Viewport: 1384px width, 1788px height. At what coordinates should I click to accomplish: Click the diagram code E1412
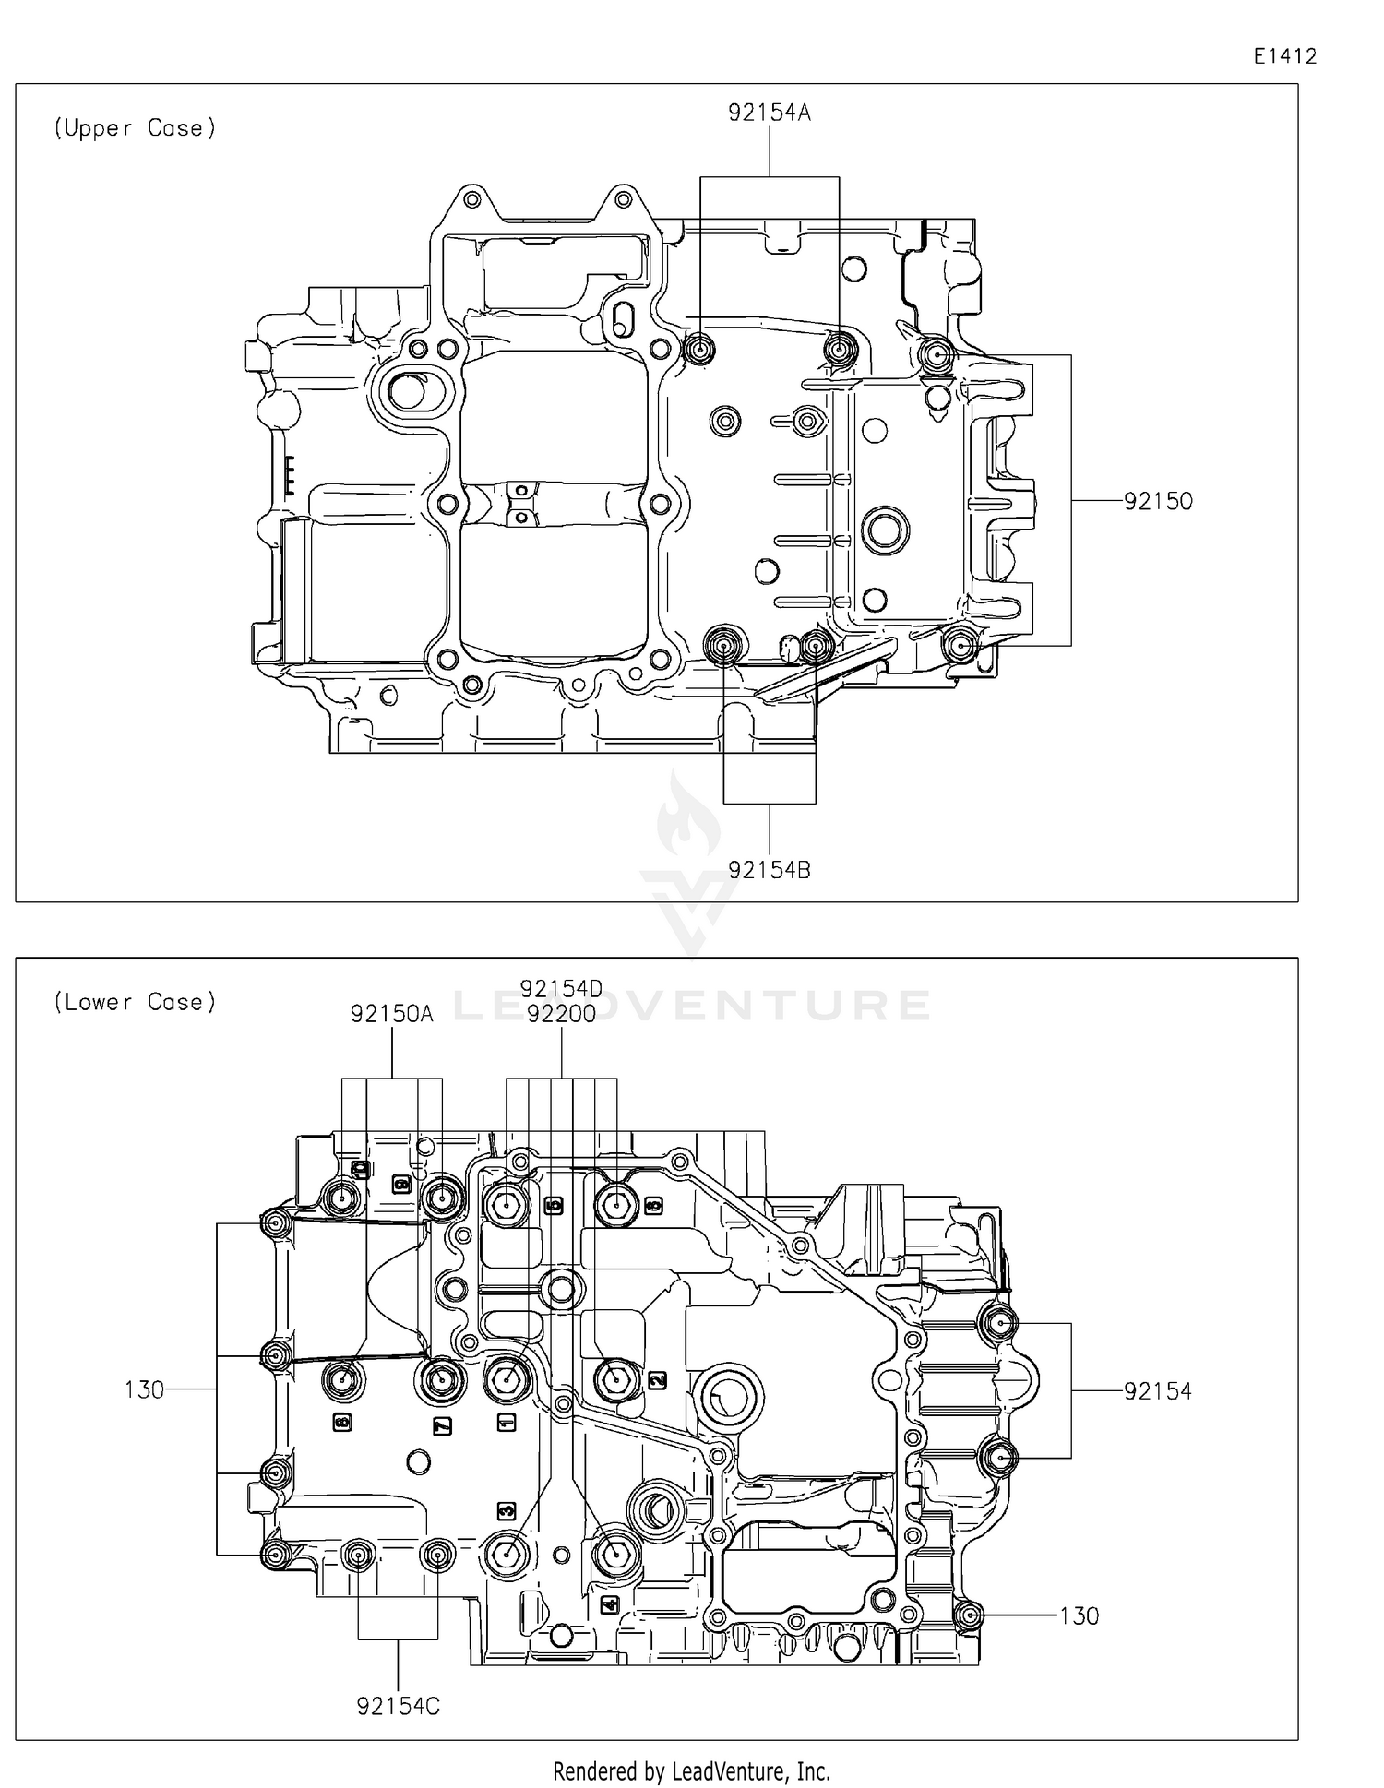tap(1284, 56)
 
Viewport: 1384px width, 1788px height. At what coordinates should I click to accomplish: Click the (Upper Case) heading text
tap(135, 128)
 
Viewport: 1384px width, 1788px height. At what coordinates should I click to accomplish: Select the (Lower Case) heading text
tap(135, 1002)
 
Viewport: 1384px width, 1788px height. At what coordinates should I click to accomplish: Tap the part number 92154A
tap(769, 113)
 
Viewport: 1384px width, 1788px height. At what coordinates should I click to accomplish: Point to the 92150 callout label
tap(1158, 502)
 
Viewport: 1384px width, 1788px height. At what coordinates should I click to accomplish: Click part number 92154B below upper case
tap(769, 870)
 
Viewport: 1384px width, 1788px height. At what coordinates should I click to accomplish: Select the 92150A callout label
tap(391, 1014)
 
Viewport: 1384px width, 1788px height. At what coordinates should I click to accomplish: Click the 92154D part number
tap(561, 989)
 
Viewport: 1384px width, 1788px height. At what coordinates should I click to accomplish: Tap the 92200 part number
tap(561, 1014)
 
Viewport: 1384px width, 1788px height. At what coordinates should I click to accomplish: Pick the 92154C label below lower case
tap(398, 1707)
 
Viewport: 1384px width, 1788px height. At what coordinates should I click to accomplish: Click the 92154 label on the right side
tap(1158, 1391)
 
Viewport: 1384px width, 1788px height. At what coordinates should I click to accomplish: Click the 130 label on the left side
tap(144, 1389)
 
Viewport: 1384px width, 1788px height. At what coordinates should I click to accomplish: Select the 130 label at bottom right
tap(1079, 1615)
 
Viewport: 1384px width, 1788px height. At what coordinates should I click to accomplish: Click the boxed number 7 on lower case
tap(442, 1426)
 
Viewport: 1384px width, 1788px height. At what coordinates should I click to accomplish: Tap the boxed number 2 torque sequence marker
tap(657, 1380)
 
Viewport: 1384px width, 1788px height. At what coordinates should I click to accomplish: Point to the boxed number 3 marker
tap(507, 1511)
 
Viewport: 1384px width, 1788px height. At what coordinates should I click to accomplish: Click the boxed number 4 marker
tap(609, 1605)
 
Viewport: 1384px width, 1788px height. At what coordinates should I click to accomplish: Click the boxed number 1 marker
tap(507, 1422)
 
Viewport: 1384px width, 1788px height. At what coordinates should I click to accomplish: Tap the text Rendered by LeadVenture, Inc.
tap(691, 1771)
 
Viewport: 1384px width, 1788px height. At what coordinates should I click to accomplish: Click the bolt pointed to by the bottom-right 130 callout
tap(969, 1615)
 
